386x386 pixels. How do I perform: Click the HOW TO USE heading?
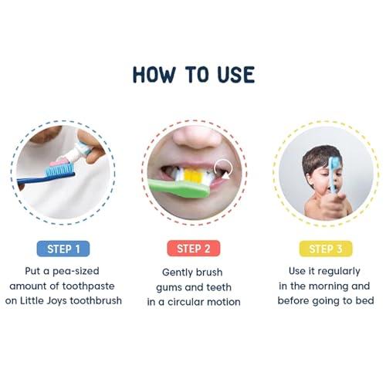193,74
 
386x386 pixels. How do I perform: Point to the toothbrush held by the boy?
334,173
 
